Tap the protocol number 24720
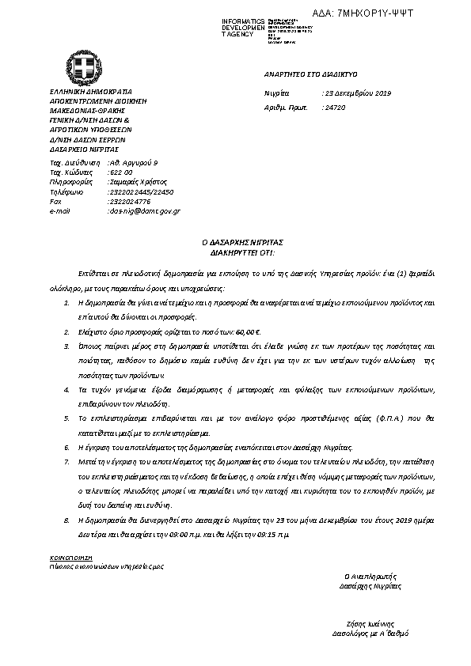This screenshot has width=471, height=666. (x=336, y=105)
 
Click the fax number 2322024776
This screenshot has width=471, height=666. (x=129, y=202)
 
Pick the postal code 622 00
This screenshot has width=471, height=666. (x=121, y=172)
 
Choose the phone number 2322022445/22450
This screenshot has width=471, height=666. (x=141, y=191)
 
